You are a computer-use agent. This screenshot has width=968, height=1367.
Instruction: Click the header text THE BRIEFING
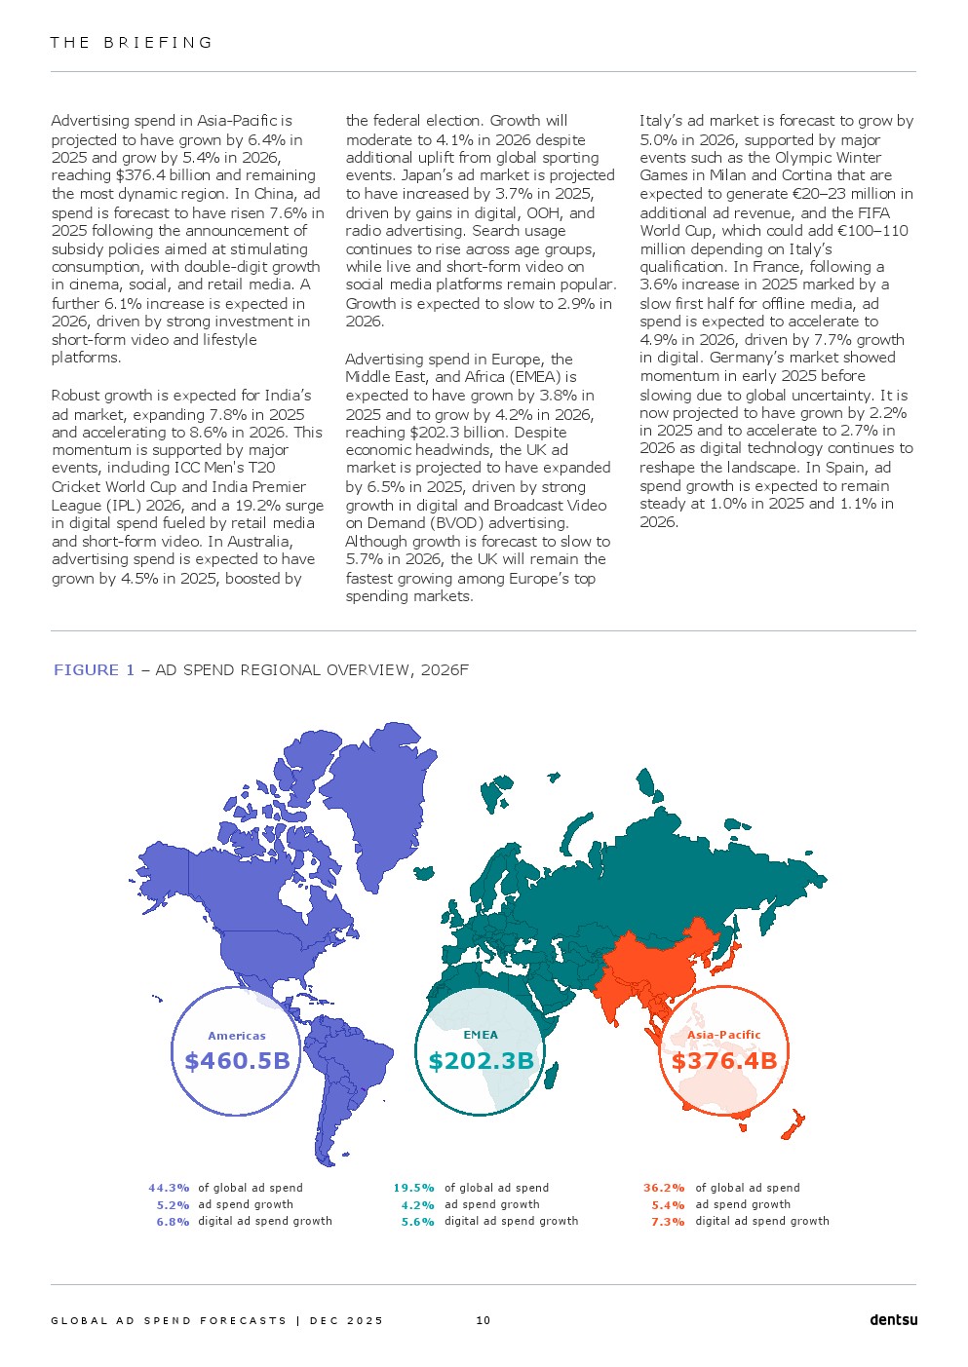(132, 43)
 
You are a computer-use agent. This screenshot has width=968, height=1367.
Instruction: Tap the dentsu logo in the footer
(893, 1320)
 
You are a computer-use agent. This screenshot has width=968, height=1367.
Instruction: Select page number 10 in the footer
(484, 1320)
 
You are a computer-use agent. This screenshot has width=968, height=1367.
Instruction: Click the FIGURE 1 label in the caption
(94, 669)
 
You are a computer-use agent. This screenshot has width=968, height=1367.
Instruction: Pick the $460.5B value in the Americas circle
(237, 1060)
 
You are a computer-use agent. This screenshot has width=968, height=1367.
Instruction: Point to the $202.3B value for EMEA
(481, 1060)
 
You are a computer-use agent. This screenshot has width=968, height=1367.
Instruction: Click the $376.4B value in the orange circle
(724, 1060)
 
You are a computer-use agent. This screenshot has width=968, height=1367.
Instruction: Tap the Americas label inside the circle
(237, 1036)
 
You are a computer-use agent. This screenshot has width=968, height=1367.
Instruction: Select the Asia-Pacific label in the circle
(724, 1035)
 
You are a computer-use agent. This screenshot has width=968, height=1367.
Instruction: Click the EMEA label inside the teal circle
(481, 1035)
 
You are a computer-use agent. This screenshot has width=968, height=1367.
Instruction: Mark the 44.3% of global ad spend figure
(169, 1188)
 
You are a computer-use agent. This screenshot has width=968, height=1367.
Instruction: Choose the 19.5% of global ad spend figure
(414, 1188)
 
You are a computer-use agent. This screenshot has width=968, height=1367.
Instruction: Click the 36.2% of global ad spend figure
(664, 1188)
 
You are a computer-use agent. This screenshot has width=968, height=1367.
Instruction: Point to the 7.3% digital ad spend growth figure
(668, 1221)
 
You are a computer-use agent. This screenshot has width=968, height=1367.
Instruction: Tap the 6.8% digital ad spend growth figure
(173, 1221)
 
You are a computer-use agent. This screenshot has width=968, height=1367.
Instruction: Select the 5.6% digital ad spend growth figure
(417, 1221)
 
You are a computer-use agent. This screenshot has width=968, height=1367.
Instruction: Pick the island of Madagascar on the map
(551, 1075)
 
